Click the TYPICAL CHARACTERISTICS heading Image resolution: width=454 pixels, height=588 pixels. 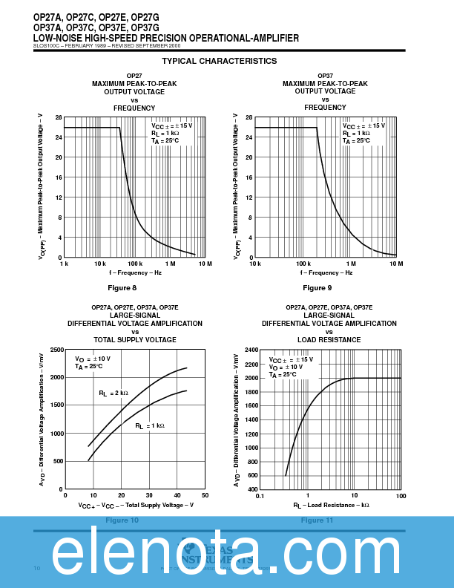point(219,61)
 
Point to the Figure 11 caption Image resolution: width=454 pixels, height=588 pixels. point(317,520)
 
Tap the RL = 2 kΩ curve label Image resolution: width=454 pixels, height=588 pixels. point(113,393)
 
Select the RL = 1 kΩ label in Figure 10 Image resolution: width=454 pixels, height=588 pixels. point(149,426)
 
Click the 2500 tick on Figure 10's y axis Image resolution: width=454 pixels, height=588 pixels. point(56,349)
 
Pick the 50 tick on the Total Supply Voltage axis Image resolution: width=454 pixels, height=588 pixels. point(205,495)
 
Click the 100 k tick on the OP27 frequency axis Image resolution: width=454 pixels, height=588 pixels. point(134,264)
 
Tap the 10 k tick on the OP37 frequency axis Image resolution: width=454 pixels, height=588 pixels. point(254,264)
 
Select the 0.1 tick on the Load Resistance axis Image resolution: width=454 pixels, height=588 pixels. point(260,495)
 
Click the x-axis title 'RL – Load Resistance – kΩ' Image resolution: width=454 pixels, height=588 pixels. point(331,505)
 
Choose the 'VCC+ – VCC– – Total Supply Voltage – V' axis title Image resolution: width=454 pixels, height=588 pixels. point(136,505)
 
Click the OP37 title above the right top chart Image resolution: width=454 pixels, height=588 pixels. point(325,76)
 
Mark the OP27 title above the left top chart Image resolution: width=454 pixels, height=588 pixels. point(134,76)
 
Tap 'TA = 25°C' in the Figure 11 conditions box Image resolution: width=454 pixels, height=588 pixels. point(283,375)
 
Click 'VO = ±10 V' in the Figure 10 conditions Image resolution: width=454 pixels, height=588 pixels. point(92,359)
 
